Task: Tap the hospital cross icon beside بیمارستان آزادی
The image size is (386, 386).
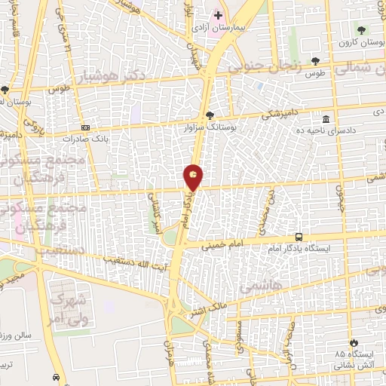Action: [218, 15]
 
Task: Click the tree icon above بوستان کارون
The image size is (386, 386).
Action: [363, 29]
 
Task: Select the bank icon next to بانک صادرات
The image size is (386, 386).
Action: [84, 127]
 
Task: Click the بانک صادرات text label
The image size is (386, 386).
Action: [83, 139]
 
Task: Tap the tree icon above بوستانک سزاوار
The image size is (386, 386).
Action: [210, 115]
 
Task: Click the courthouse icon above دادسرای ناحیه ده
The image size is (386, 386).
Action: [326, 119]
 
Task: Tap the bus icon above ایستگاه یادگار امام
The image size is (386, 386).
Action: [299, 236]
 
